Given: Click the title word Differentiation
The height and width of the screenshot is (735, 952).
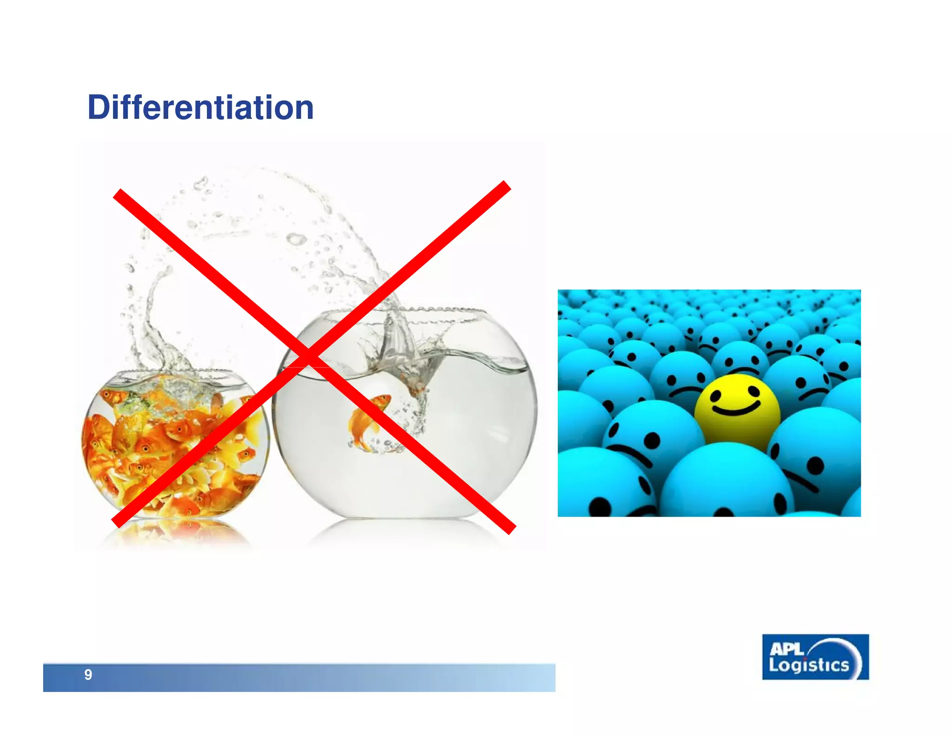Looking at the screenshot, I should click(200, 107).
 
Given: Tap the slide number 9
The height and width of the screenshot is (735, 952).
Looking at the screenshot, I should click(88, 675).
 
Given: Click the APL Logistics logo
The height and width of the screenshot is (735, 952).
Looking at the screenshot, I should click(815, 657).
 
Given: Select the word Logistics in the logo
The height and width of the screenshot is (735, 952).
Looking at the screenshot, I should click(808, 666).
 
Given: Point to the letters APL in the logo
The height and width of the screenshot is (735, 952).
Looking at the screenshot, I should click(786, 649).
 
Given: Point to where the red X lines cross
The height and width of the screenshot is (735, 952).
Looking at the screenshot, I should click(308, 357).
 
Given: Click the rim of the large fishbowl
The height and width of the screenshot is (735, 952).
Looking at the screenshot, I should click(404, 310).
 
